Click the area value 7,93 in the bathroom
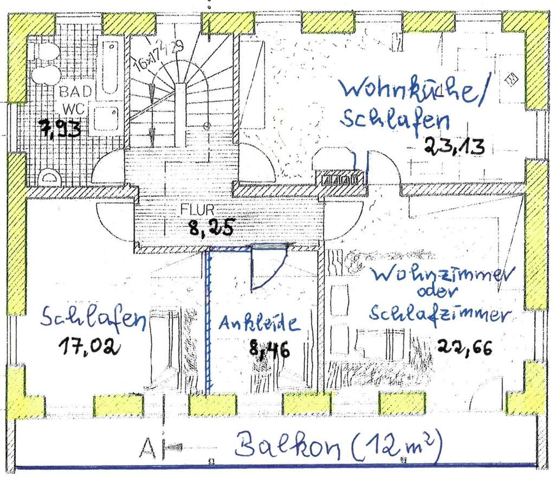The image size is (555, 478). point(60,128)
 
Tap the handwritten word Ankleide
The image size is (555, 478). point(259,324)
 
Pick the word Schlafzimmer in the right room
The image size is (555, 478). point(440,314)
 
